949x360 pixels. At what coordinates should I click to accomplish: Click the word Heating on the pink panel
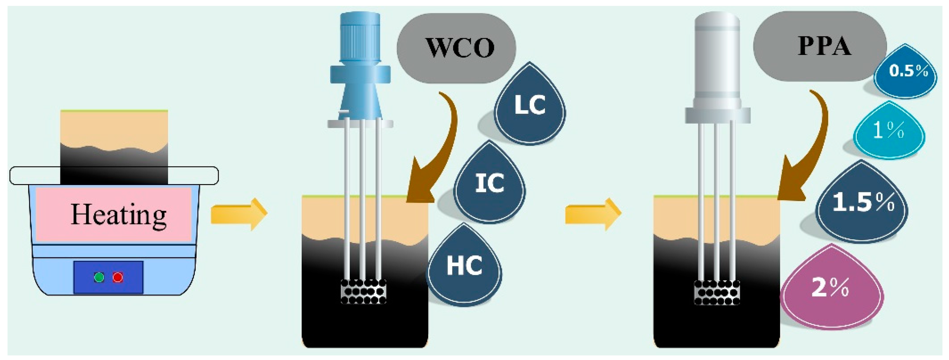click(118, 215)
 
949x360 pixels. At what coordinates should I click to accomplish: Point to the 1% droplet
click(889, 130)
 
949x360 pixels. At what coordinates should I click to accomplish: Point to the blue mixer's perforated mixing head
click(364, 291)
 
